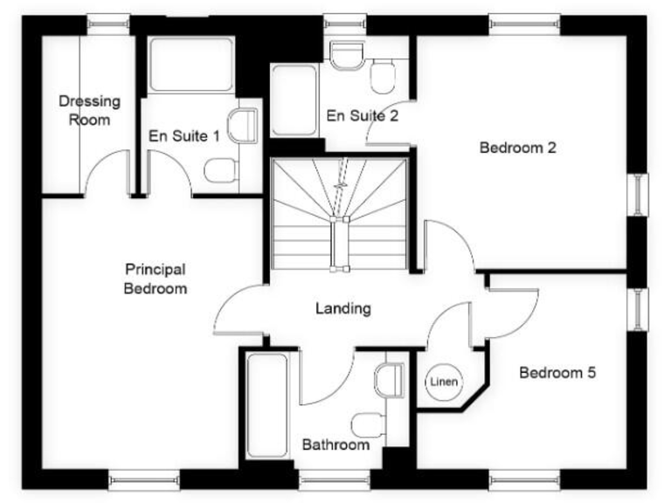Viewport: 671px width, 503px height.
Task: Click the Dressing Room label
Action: click(x=89, y=111)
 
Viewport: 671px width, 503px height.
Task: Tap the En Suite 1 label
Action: click(x=183, y=136)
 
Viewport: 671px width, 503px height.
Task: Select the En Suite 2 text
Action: click(x=363, y=115)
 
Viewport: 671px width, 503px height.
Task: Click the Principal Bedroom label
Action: click(x=155, y=279)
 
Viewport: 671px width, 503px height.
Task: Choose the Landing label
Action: click(x=342, y=308)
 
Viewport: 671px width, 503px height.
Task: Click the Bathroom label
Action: click(x=335, y=444)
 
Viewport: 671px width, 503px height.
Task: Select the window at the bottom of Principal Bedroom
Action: click(x=144, y=478)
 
